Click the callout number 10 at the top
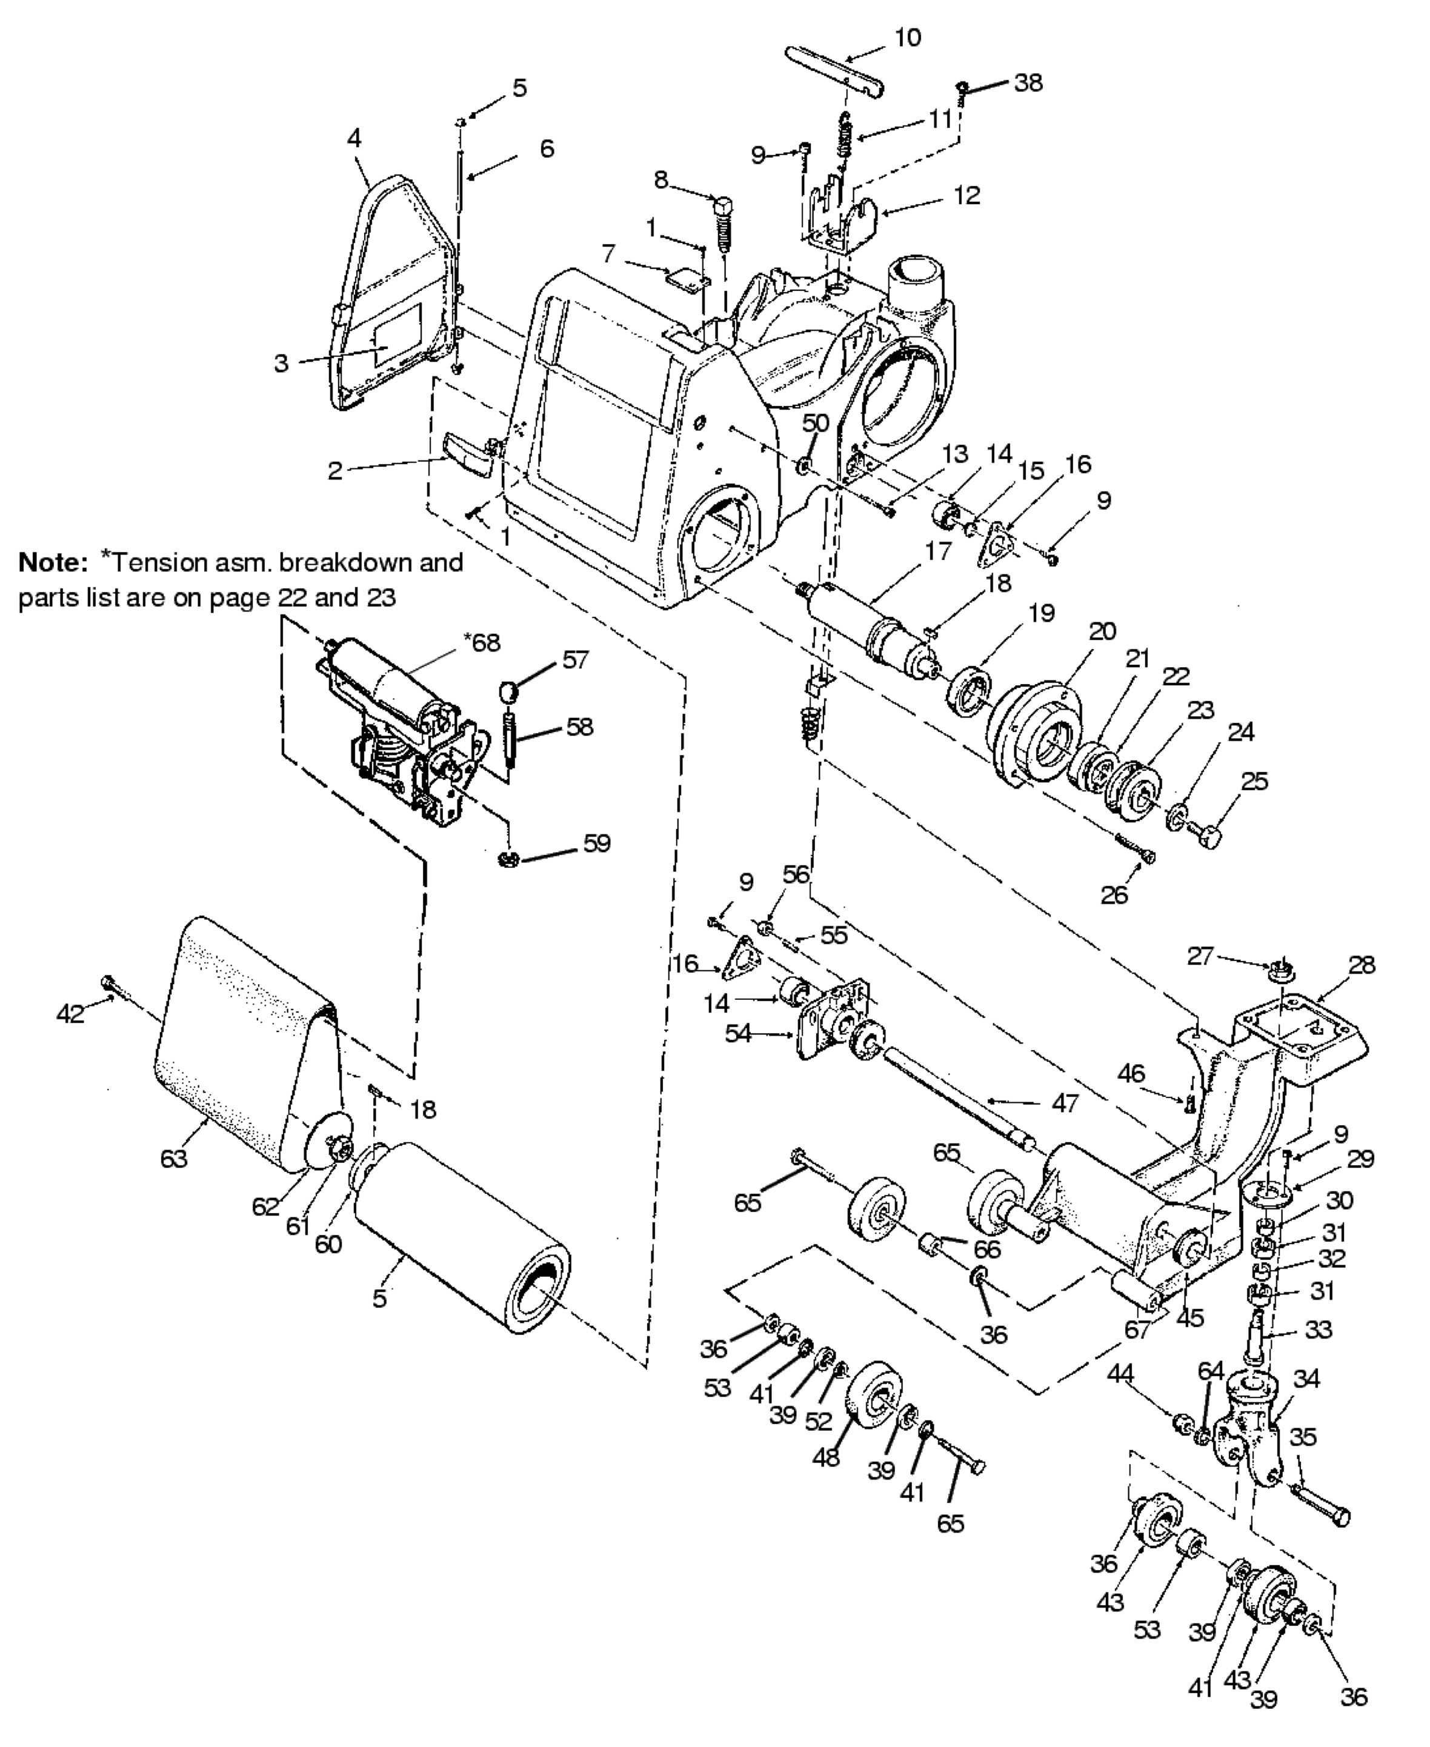(908, 38)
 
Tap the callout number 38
(1028, 82)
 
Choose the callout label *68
(482, 642)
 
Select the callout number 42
(71, 1013)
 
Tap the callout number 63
(174, 1158)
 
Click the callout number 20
(1102, 632)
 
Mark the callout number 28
(1362, 965)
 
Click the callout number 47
(1065, 1103)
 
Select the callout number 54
(738, 1033)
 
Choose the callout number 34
(1306, 1378)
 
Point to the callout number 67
(1137, 1329)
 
